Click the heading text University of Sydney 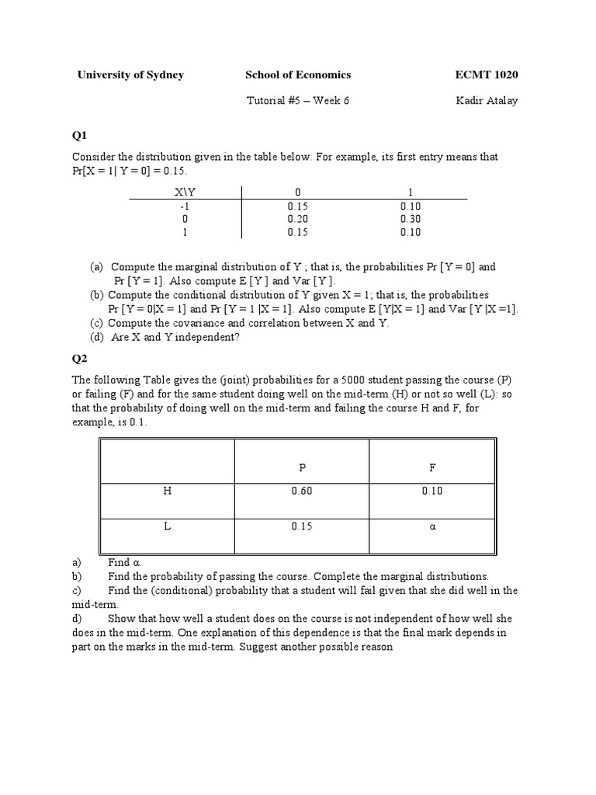(130, 75)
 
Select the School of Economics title (298, 75)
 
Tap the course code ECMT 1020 (487, 75)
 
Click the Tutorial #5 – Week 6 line (298, 100)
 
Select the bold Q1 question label (79, 134)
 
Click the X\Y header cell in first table (185, 192)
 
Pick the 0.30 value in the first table (411, 218)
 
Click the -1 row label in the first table (185, 206)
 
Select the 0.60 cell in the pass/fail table (302, 491)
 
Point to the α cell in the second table (433, 526)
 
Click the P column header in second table (302, 467)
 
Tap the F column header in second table (433, 467)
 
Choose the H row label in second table (167, 491)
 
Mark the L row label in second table (167, 526)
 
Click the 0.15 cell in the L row (302, 526)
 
